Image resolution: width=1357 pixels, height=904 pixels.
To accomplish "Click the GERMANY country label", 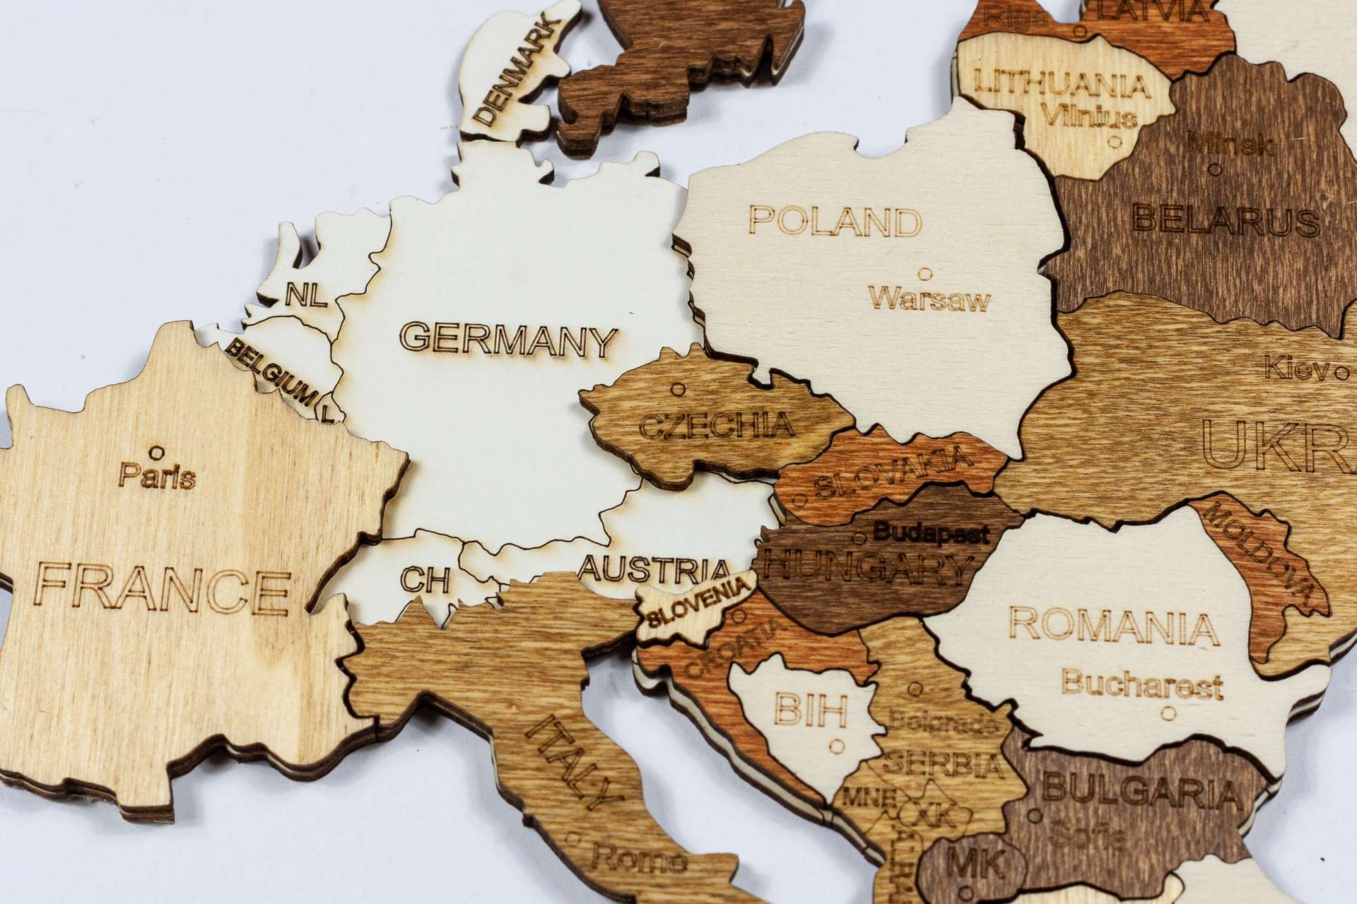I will click(508, 340).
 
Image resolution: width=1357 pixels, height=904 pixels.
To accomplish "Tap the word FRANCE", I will click(162, 588).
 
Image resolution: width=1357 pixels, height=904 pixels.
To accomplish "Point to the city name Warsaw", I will click(929, 299).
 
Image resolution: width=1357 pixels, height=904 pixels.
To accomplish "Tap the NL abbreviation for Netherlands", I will click(306, 295).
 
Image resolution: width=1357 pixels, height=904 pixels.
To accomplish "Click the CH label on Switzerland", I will click(424, 580).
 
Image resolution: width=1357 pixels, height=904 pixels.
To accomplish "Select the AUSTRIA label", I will click(654, 569).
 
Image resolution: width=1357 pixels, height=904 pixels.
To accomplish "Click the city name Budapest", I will click(931, 533).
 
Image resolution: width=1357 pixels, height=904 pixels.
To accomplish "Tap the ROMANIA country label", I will click(1113, 625).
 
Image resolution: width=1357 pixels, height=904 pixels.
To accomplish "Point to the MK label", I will click(975, 864).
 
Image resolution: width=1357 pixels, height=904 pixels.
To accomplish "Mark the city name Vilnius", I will click(1088, 115).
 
